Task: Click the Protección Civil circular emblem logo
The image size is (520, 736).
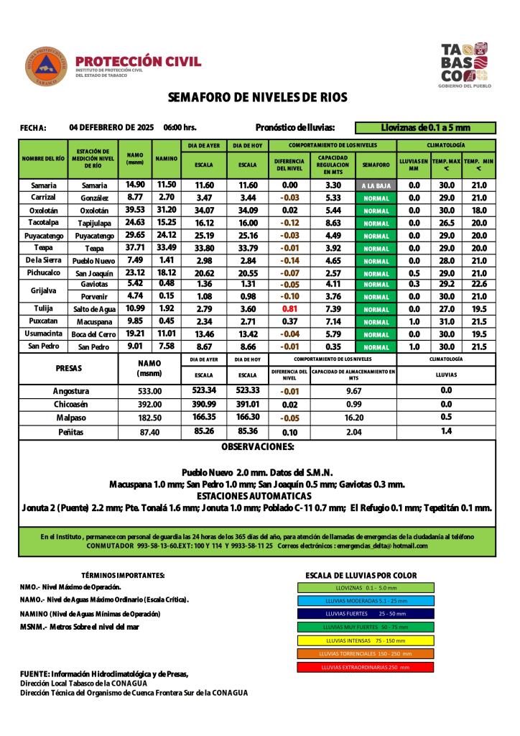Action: pos(47,66)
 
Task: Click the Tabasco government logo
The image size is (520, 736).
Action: pos(465,65)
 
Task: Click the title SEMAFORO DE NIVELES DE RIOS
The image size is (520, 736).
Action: pos(257,97)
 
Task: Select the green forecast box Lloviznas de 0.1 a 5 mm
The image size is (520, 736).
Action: pos(425,128)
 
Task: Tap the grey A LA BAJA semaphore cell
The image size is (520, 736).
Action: pos(376,185)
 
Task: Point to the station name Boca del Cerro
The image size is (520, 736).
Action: pos(93,334)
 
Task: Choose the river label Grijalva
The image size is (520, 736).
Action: pos(43,290)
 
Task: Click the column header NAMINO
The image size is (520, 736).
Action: pos(166,158)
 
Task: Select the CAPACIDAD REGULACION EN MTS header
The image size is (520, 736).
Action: pos(333,165)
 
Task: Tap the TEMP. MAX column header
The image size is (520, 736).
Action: pos(446,165)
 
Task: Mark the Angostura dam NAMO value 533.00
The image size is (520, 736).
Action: pos(149,391)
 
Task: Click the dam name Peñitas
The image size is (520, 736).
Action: pos(70,432)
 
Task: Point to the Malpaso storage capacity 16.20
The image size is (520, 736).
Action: pos(353,418)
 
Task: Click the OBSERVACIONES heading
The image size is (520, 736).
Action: pos(257,447)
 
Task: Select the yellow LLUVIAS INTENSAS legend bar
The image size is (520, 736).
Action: pos(366,640)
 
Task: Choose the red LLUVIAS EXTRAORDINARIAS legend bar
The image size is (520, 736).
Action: pos(366,667)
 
